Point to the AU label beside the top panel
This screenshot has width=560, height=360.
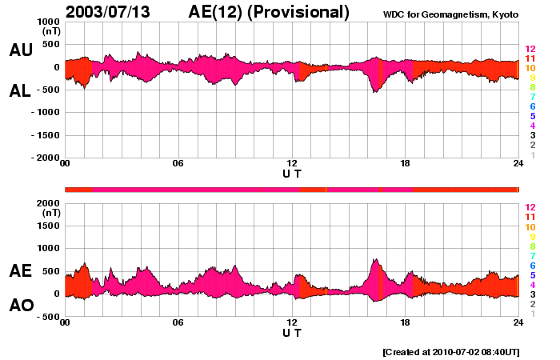(x=21, y=50)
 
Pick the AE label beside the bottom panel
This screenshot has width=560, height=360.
(x=21, y=271)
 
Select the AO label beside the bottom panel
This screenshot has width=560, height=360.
(x=21, y=306)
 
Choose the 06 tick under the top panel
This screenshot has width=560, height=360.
(x=178, y=164)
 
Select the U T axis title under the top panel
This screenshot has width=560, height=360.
(x=291, y=174)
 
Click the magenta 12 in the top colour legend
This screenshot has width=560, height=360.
(x=530, y=49)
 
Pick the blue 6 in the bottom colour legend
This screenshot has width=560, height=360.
(x=531, y=265)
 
